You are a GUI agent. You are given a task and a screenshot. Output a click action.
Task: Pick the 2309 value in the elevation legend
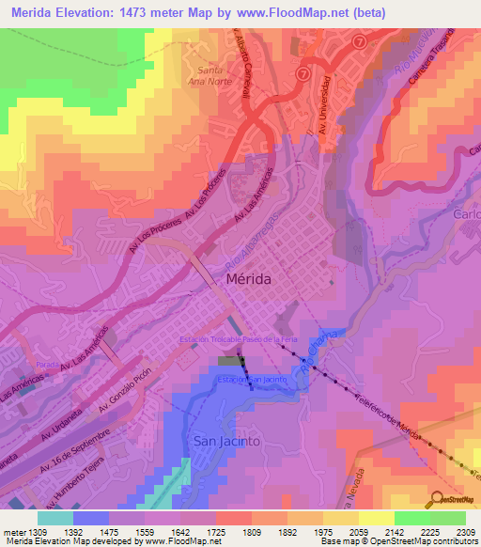466,532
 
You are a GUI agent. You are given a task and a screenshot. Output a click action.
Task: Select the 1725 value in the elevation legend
230,532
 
